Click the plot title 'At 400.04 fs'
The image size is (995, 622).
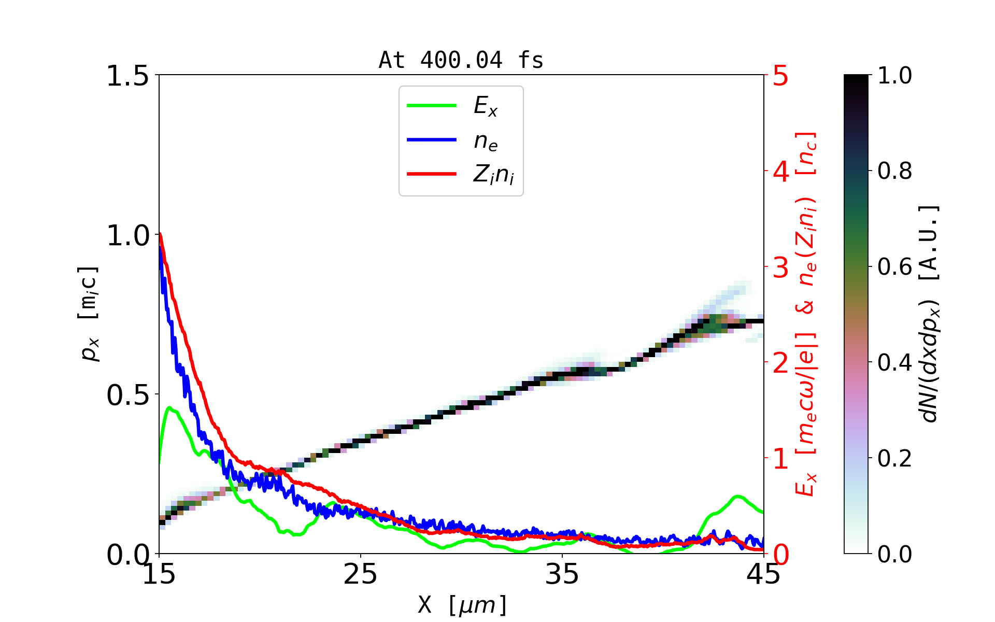tap(461, 60)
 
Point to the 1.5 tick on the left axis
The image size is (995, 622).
tap(127, 76)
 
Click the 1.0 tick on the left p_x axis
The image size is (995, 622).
tap(127, 236)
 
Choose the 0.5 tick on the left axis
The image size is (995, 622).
tap(127, 395)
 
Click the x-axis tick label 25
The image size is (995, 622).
tap(360, 574)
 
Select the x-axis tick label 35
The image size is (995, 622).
tap(562, 574)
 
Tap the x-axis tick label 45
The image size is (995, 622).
tap(763, 574)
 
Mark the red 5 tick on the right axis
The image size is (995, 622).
tap(780, 76)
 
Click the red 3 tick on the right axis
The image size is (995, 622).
tap(780, 267)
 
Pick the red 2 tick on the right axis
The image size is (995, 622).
tap(780, 363)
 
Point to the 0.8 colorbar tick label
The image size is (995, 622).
tap(894, 171)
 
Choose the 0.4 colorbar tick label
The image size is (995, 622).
tap(894, 362)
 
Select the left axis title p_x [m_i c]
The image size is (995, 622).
tap(89, 314)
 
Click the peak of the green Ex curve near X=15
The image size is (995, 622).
tap(169, 408)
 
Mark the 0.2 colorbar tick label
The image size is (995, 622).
tap(894, 458)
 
